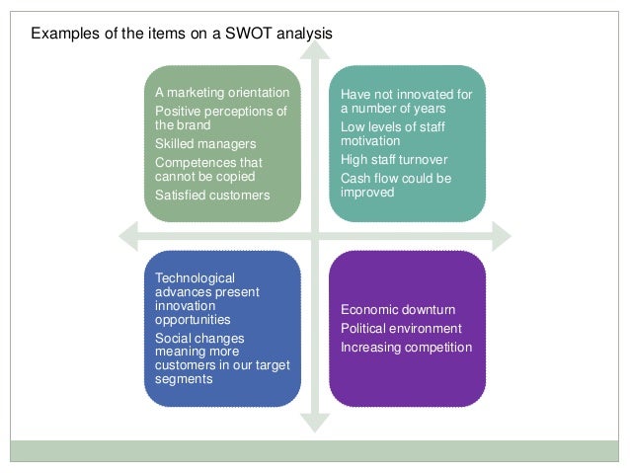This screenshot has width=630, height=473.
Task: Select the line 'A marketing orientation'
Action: pyautogui.click(x=222, y=93)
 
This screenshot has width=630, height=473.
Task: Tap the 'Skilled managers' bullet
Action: pyautogui.click(x=204, y=144)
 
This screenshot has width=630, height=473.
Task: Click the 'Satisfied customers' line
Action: pyautogui.click(x=212, y=195)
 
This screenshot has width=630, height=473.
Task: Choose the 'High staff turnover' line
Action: pyautogui.click(x=394, y=159)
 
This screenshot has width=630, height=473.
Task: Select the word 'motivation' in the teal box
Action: pyautogui.click(x=370, y=141)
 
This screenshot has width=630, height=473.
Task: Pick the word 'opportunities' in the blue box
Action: pyautogui.click(x=193, y=320)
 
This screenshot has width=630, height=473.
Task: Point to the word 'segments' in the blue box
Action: pyautogui.click(x=184, y=378)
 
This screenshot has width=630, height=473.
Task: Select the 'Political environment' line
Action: pyautogui.click(x=401, y=328)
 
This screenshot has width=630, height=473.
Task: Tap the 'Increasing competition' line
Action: pyautogui.click(x=407, y=347)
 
